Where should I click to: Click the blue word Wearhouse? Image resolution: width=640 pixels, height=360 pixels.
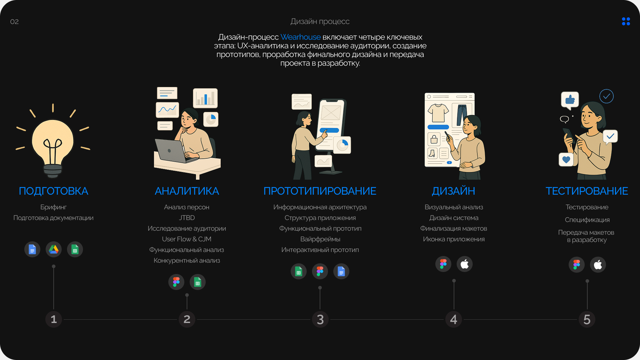click(x=300, y=37)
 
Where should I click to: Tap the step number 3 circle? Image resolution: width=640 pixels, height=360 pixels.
click(x=320, y=319)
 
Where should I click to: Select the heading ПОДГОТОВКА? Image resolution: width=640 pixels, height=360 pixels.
click(x=53, y=191)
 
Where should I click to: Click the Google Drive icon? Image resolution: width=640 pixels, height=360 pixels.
click(x=54, y=249)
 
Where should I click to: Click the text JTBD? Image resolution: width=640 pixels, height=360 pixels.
click(x=187, y=218)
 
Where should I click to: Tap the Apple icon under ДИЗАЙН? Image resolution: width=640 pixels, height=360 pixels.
click(x=465, y=264)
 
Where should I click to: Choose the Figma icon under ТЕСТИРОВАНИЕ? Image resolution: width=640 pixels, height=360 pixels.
click(x=577, y=265)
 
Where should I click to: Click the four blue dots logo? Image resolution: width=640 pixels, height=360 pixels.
click(x=626, y=21)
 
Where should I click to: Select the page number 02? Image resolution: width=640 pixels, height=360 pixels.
click(x=14, y=22)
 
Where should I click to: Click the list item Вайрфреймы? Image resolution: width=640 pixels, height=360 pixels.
click(x=320, y=239)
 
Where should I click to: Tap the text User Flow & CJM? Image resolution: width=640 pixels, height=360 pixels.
click(x=187, y=239)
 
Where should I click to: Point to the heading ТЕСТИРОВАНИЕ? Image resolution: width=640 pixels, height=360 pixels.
click(x=587, y=191)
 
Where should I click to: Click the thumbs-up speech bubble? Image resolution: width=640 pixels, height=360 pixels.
click(x=570, y=100)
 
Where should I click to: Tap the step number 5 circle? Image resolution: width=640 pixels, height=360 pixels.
click(x=587, y=319)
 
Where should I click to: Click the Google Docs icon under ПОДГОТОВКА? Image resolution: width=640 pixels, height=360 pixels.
click(x=32, y=249)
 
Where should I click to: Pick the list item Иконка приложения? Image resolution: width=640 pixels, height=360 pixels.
click(x=454, y=239)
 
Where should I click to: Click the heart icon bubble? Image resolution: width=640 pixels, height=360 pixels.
click(x=566, y=160)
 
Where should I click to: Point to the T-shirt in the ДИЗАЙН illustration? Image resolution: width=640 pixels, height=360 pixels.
click(x=438, y=113)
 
